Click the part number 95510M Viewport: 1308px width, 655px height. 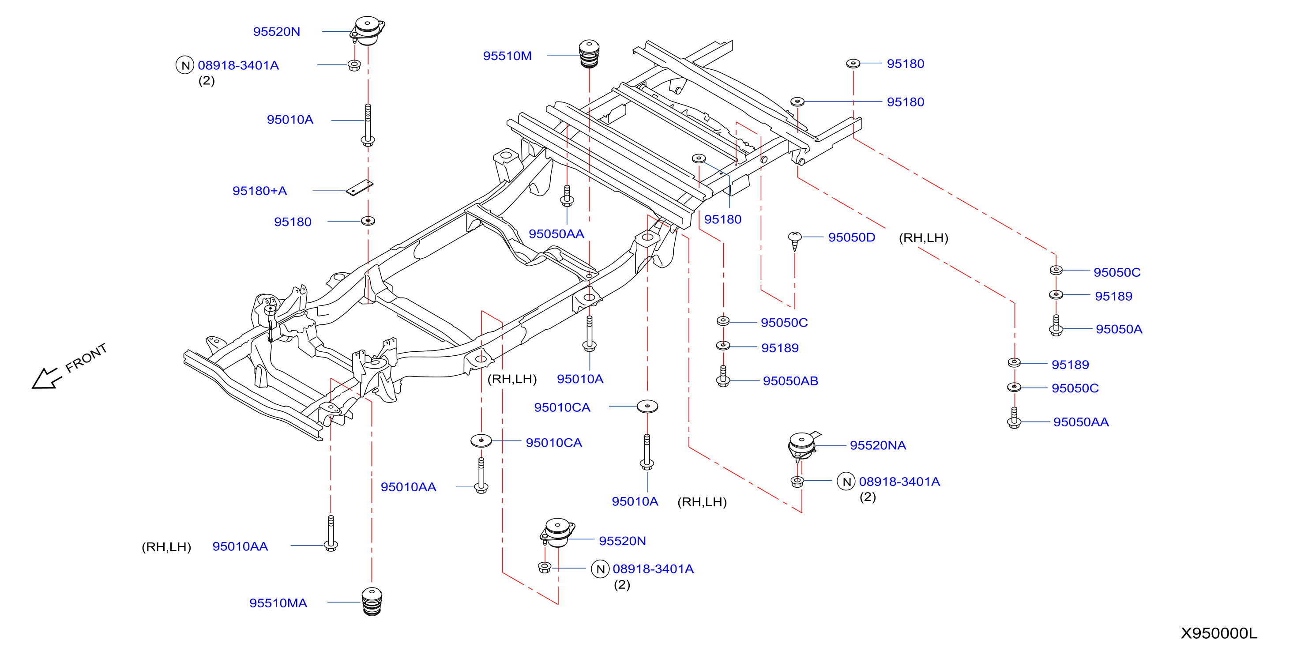[x=507, y=56]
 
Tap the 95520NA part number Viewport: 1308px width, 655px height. [x=877, y=445]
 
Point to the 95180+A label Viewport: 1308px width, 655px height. [x=259, y=191]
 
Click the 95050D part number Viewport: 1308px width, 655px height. [x=852, y=237]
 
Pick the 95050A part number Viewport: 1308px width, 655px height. [x=1119, y=329]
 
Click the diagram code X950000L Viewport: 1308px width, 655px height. [x=1218, y=633]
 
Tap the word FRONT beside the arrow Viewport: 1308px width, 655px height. [x=86, y=358]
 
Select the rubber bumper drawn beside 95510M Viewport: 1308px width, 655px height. [x=589, y=54]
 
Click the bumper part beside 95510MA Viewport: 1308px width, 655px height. [x=372, y=602]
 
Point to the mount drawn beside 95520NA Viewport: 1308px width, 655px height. [x=802, y=446]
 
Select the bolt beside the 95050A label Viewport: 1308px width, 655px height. [x=1056, y=325]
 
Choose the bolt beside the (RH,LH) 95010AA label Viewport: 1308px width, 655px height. [x=331, y=533]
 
